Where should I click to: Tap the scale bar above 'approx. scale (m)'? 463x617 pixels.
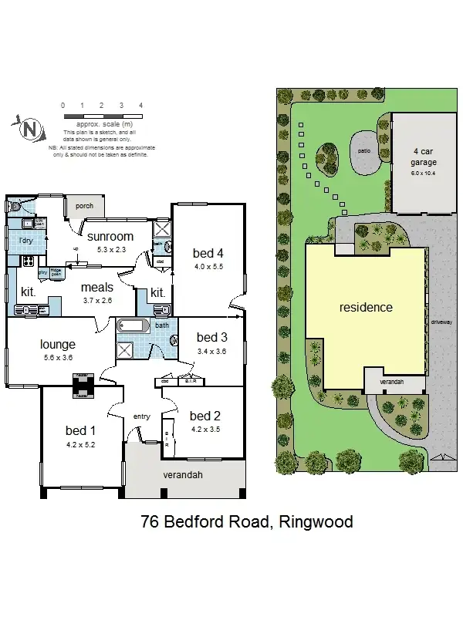(102, 115)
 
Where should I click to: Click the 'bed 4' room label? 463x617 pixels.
(208, 253)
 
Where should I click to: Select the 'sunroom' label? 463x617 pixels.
(110, 237)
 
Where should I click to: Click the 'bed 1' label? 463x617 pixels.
(81, 430)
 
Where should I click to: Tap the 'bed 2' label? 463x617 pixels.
(205, 415)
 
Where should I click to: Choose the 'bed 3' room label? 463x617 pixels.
(211, 337)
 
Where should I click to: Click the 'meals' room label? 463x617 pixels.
(98, 288)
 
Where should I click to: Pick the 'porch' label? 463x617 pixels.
(84, 206)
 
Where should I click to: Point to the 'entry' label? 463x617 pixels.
(141, 416)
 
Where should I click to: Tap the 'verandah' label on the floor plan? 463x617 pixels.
(184, 475)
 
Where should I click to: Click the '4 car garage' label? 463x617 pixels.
(424, 157)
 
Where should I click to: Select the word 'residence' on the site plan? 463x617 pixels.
(366, 307)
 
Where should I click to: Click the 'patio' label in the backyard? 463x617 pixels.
(365, 150)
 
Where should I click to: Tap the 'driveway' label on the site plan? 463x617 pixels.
(441, 322)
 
